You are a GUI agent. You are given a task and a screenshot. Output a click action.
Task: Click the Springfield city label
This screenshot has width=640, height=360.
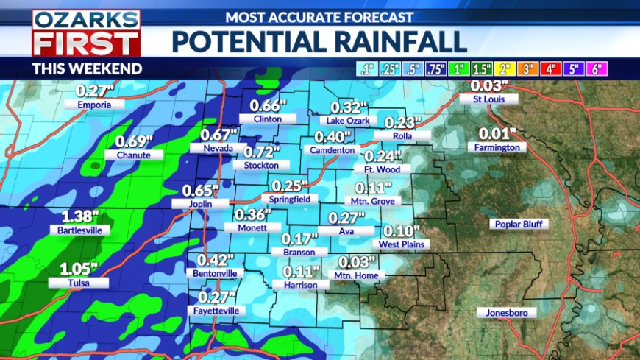coord(294,199)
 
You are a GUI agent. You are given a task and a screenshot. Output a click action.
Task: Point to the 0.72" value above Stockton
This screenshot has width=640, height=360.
coord(263,152)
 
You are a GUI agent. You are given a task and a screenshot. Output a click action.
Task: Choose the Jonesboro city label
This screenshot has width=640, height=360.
coord(511,313)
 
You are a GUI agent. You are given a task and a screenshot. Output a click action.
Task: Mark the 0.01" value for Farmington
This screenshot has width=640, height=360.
coord(497,135)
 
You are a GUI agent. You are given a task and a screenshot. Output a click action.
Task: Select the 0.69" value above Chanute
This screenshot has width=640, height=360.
coord(134,142)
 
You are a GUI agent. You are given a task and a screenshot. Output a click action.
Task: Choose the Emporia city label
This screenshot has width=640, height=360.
coord(93,105)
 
